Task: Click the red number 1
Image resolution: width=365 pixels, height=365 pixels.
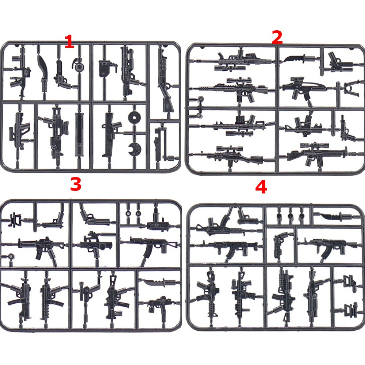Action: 69,42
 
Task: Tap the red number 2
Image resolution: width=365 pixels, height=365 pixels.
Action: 277,37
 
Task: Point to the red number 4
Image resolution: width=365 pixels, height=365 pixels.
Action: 261,187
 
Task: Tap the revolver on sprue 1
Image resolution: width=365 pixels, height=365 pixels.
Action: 62,74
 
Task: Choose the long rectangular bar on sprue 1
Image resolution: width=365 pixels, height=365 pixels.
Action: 79,135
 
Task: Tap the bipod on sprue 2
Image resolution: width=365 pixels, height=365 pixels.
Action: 350,88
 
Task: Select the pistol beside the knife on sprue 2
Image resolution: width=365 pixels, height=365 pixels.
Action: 339,62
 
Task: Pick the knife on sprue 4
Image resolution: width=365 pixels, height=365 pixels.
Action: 337,216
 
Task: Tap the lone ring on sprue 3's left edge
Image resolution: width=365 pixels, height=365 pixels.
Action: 11,257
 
